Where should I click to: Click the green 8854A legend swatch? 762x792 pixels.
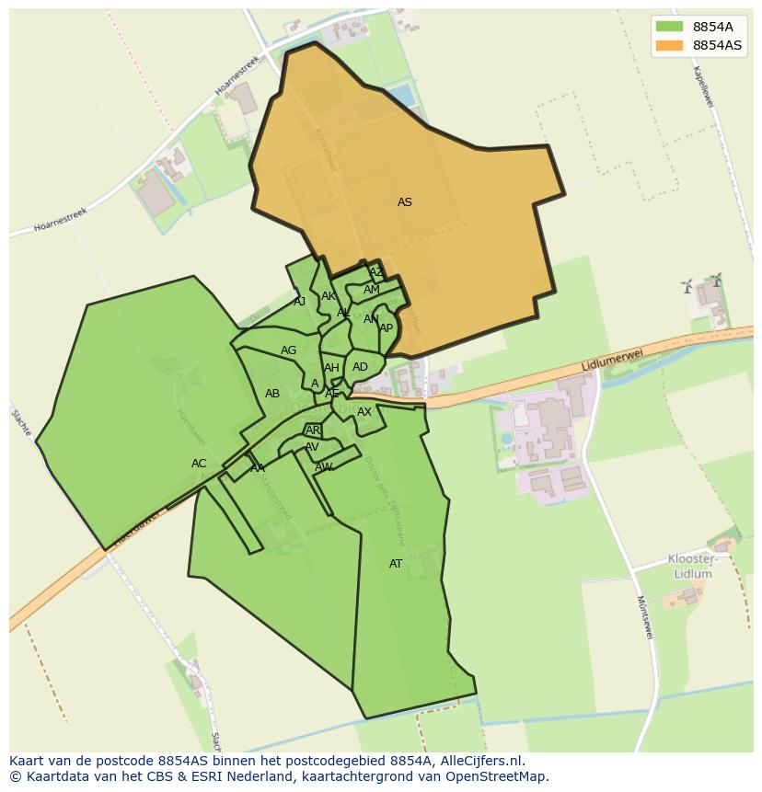[669, 27]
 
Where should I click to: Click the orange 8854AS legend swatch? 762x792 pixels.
[669, 45]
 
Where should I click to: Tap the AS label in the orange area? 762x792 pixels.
[405, 202]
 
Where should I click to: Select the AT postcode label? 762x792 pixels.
[396, 564]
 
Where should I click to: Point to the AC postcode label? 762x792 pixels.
[199, 464]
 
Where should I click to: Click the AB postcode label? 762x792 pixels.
[272, 394]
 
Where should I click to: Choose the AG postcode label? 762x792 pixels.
[289, 350]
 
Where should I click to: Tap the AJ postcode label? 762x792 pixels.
[299, 301]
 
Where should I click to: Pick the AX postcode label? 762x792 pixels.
[364, 412]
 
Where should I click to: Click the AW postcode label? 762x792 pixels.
[323, 467]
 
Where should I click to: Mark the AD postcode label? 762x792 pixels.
[360, 367]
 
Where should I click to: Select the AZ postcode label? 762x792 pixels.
[375, 272]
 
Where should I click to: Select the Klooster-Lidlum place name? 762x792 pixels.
[692, 567]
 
